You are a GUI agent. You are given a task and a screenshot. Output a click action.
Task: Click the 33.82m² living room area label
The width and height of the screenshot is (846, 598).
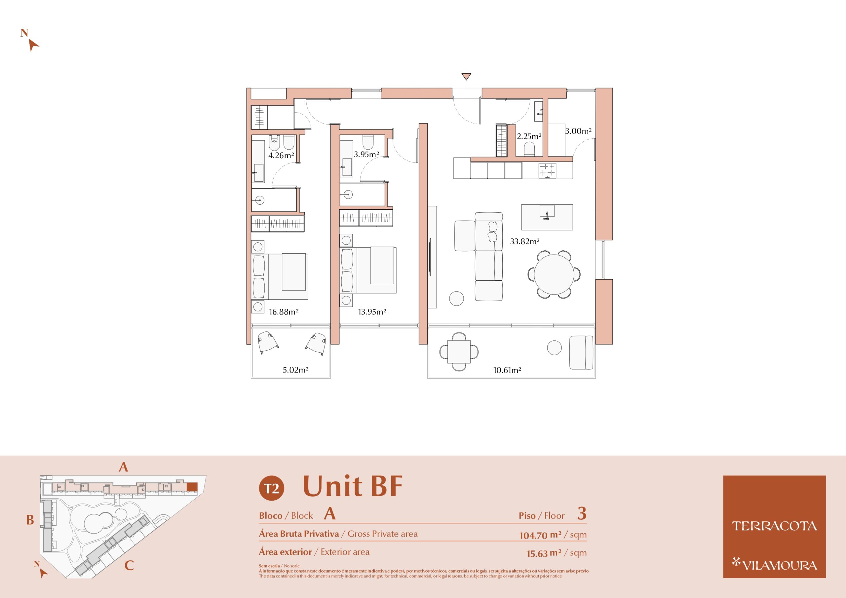tap(525, 242)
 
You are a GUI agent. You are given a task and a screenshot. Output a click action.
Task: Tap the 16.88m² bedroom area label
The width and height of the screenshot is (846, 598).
tap(284, 312)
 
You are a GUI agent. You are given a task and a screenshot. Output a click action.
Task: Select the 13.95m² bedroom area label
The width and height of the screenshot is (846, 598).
tap(372, 312)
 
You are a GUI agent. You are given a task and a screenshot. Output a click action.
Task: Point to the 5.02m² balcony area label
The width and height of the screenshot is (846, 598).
tap(295, 370)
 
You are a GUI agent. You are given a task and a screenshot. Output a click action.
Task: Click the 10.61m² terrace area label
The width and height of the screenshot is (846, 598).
tap(507, 370)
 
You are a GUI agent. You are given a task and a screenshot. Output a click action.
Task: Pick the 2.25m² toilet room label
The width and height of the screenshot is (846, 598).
tap(529, 137)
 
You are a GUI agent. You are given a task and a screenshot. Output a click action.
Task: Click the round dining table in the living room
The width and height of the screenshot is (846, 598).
tap(554, 274)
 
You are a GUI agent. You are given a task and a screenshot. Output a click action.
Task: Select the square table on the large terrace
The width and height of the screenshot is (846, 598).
tap(459, 351)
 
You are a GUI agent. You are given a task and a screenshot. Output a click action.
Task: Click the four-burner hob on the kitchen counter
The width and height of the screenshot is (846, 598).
tap(547, 170)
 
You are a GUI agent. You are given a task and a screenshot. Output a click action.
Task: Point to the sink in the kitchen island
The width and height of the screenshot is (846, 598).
tap(547, 212)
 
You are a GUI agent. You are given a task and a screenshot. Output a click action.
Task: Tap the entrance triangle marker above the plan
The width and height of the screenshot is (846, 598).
tap(467, 77)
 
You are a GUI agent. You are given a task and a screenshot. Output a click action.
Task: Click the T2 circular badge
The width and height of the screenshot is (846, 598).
tap(272, 488)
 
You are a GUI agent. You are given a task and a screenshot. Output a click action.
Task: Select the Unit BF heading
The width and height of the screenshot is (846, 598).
tap(353, 486)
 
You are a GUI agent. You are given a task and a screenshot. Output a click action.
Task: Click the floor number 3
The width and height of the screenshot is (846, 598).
tap(582, 513)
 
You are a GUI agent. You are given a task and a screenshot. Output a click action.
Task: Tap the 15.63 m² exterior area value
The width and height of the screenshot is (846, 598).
tap(544, 553)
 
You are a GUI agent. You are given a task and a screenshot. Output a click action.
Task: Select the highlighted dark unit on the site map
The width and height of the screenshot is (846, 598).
tap(192, 487)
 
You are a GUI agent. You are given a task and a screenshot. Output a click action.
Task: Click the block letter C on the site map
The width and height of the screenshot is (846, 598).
tap(129, 565)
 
